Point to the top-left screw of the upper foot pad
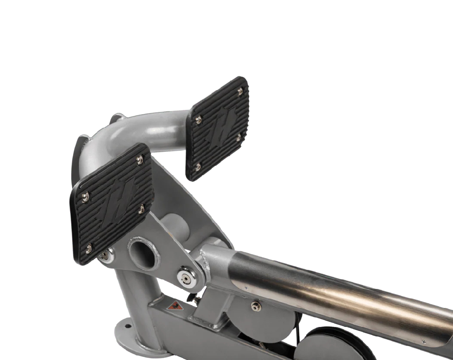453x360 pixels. (x=198, y=120)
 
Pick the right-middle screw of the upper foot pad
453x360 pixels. (x=238, y=137)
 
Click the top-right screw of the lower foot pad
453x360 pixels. (x=140, y=159)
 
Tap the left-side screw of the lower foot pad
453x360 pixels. (x=85, y=197)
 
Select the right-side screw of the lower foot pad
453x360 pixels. (x=141, y=209)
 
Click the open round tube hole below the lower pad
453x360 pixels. (x=143, y=254)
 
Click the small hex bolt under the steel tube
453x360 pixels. (x=256, y=306)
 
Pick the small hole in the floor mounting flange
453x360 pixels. (x=126, y=325)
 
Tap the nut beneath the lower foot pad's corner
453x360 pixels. (x=105, y=256)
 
